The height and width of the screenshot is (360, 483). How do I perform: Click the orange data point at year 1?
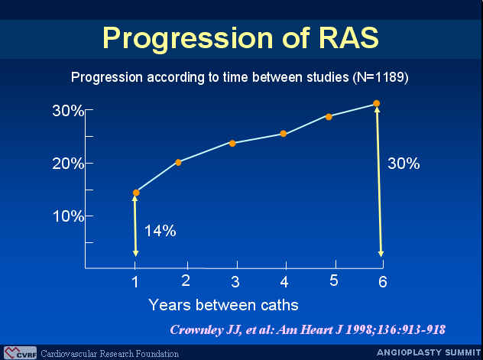pyautogui.click(x=136, y=193)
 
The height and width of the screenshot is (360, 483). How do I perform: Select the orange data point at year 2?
pyautogui.click(x=178, y=162)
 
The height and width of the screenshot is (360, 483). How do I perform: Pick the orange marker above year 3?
pyautogui.click(x=232, y=144)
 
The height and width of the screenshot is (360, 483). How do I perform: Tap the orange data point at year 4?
pyautogui.click(x=284, y=134)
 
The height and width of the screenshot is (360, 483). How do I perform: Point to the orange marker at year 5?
pyautogui.click(x=329, y=117)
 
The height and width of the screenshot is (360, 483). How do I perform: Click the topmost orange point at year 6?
pyautogui.click(x=377, y=103)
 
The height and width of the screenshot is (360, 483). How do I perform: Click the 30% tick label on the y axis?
pyautogui.click(x=68, y=111)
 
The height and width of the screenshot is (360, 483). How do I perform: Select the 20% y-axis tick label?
pyautogui.click(x=68, y=164)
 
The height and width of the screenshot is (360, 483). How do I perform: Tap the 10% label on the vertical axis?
pyautogui.click(x=68, y=216)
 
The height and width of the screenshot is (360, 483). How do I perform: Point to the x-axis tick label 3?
pyautogui.click(x=235, y=282)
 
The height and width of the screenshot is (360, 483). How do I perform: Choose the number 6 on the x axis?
pyautogui.click(x=383, y=282)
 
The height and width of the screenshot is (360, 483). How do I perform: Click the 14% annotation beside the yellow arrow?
pyautogui.click(x=160, y=231)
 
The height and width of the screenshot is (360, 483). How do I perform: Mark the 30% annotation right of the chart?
pyautogui.click(x=404, y=164)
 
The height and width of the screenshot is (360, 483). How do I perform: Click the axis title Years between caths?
pyautogui.click(x=223, y=305)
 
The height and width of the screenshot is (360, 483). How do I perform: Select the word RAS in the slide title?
pyautogui.click(x=348, y=37)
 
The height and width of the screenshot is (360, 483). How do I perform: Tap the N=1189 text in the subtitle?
pyautogui.click(x=381, y=77)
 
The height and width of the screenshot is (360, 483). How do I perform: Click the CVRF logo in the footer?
pyautogui.click(x=21, y=353)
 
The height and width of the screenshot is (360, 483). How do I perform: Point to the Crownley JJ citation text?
pyautogui.click(x=308, y=330)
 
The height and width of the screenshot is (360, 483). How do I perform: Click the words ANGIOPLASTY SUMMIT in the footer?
pyautogui.click(x=429, y=352)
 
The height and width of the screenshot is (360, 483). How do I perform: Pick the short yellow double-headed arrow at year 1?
pyautogui.click(x=135, y=226)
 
